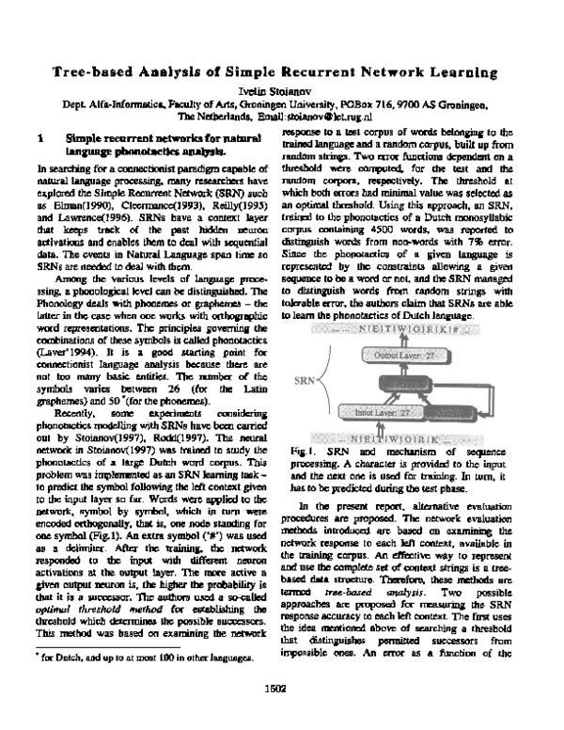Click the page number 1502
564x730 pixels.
[281, 712]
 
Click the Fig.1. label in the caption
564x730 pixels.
[304, 452]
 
